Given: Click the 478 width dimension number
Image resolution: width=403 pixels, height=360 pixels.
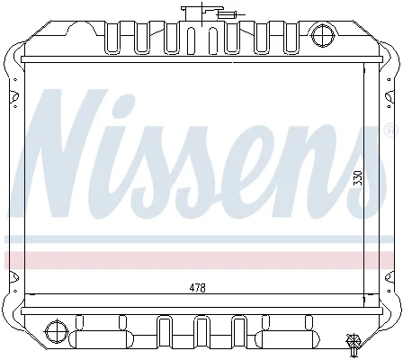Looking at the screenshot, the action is click(x=198, y=288).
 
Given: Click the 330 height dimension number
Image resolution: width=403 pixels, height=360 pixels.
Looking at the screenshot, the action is click(x=358, y=178).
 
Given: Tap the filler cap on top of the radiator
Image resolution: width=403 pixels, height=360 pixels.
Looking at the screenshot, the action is click(x=194, y=13).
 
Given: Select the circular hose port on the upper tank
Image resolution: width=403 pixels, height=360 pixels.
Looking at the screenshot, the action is click(x=323, y=36).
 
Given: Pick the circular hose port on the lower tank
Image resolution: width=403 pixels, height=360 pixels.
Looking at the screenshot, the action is click(x=56, y=331).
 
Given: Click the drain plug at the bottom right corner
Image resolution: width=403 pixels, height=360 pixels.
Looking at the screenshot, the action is click(x=354, y=344).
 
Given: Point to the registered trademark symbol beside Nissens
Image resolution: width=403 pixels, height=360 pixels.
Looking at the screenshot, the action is click(x=391, y=130).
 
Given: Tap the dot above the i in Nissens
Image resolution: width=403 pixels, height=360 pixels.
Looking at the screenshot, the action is click(x=123, y=104).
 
